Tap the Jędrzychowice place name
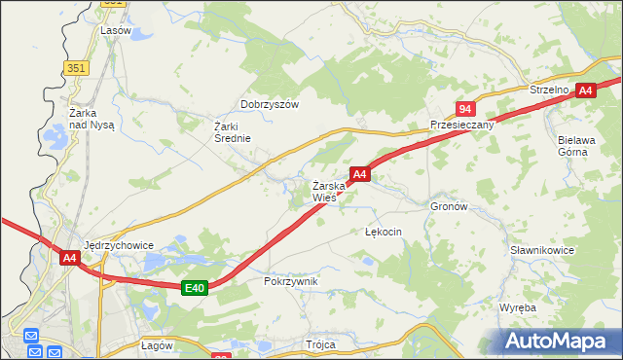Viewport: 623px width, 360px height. tap(119, 245)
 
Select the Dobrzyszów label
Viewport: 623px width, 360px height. tap(270, 104)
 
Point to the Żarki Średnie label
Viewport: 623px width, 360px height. tap(233, 131)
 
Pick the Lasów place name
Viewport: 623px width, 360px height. tap(116, 30)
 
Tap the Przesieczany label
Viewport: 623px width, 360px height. tap(462, 126)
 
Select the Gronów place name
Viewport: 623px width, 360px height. tap(449, 207)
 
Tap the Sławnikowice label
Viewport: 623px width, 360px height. tap(542, 250)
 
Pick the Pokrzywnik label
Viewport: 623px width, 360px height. tap(291, 280)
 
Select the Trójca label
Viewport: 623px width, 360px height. tap(320, 344)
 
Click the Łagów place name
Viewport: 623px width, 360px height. tap(157, 345)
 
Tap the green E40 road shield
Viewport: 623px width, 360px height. tap(195, 287)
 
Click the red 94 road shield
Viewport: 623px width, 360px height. tap(466, 109)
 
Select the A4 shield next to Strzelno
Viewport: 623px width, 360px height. tap(585, 90)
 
